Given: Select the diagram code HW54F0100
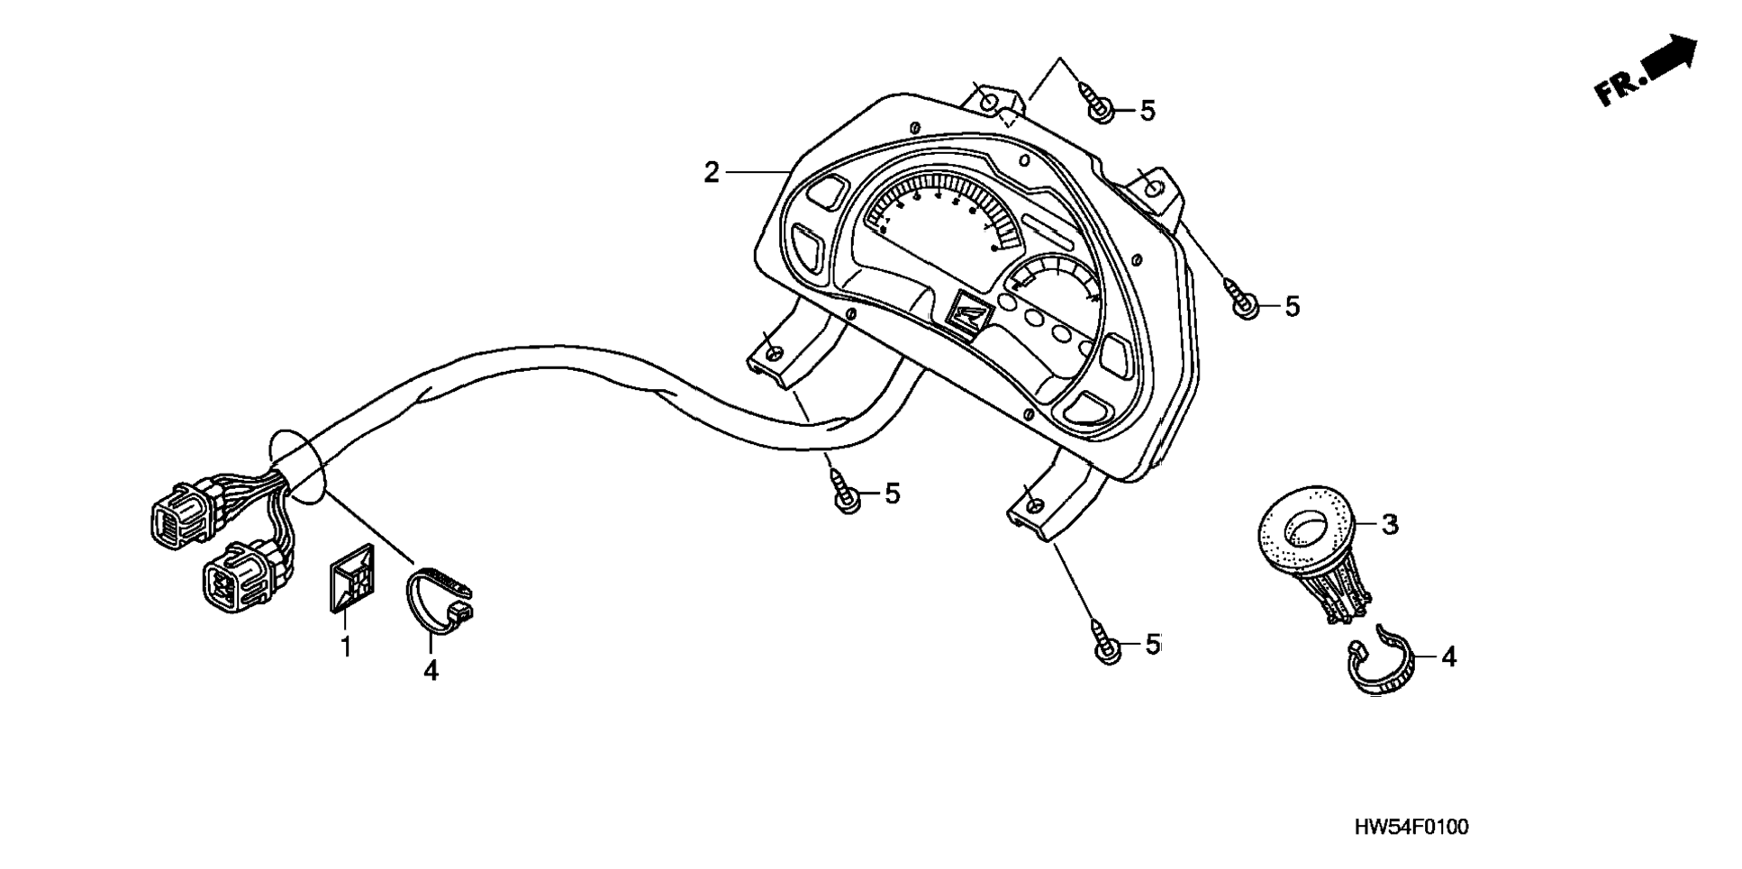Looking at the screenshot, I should point(1411,827).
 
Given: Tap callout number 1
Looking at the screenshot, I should point(345,647).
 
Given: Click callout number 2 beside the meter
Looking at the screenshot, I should point(712,172).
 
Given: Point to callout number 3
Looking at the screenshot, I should point(1390,524).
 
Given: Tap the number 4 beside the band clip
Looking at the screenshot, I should point(1448,657).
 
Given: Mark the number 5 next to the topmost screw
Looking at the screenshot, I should point(1147,111).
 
